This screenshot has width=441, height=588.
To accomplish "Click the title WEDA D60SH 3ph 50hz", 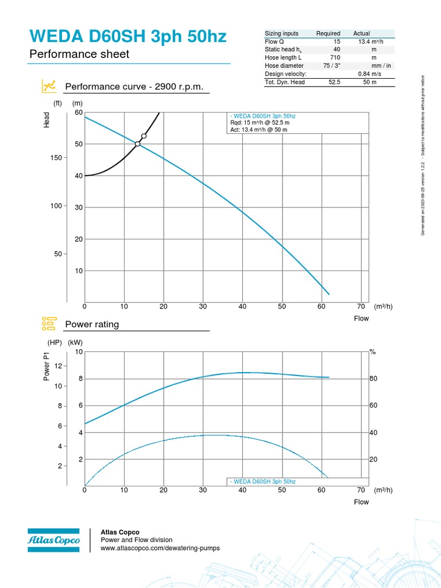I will (127, 37).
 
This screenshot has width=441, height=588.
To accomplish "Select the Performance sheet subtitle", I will (79, 55).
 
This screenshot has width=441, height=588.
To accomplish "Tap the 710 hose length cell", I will (336, 58).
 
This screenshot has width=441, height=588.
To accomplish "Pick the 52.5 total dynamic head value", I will (334, 82).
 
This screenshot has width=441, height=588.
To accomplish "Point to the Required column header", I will (328, 33).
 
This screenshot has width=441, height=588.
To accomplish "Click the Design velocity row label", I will (285, 74).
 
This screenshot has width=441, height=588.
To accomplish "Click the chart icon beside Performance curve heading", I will (48, 87).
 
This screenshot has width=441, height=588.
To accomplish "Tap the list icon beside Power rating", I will (48, 324).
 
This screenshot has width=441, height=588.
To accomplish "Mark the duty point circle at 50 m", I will (137, 144).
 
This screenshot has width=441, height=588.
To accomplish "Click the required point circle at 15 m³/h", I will (144, 136).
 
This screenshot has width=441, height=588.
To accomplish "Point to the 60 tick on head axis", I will (79, 112).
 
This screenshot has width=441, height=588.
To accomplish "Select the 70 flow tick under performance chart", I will (361, 307).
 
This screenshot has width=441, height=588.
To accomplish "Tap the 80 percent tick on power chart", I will (373, 379).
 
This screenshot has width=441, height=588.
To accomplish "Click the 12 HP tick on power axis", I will (58, 366).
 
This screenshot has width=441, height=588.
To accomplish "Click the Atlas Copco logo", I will (53, 540).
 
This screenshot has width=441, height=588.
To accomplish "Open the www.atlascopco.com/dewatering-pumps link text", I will (160, 548).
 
